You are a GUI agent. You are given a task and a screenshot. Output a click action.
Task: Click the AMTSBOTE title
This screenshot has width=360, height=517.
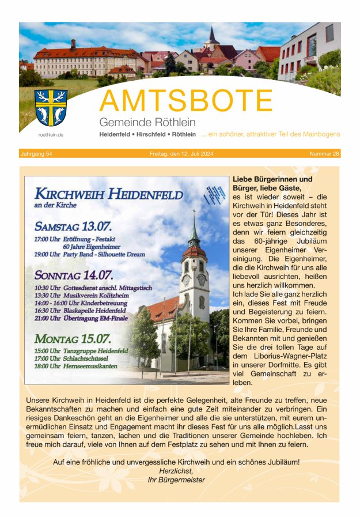point(185,101)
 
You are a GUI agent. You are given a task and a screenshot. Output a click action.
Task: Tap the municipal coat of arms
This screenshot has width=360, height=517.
point(51,108)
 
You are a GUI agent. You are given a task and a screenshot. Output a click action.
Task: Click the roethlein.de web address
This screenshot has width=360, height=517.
point(51,135)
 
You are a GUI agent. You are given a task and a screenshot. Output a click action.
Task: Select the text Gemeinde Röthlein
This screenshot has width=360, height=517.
point(147,122)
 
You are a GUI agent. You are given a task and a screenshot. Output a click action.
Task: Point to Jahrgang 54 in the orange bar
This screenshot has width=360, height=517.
point(37,154)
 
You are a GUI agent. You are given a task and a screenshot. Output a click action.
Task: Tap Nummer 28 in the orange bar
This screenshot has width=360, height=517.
point(324,154)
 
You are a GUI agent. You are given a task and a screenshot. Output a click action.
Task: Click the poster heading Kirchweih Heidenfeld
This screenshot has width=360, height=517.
point(108,194)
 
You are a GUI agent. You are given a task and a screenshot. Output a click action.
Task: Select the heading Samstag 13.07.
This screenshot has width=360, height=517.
point(73,226)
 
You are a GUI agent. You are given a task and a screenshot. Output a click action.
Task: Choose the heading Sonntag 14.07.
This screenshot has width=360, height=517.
point(74,275)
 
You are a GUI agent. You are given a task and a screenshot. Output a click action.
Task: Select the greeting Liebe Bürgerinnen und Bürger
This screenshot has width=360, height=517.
point(272,183)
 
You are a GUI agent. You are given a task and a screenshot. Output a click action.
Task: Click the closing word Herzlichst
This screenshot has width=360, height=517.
point(176,470)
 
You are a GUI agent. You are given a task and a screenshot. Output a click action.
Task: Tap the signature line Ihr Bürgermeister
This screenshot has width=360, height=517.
point(176,480)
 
